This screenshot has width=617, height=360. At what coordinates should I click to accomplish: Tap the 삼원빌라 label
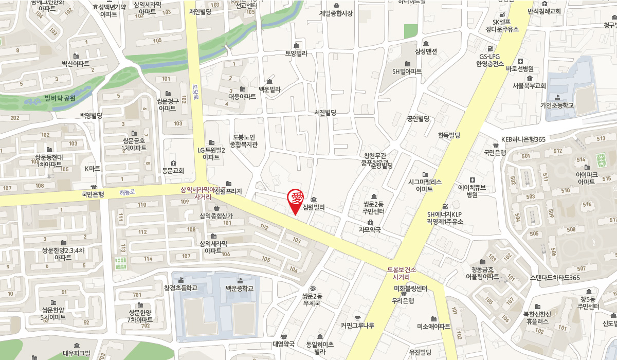pyautogui.click(x=314, y=208)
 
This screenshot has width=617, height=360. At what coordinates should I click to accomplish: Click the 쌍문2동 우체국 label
pyautogui.click(x=312, y=299)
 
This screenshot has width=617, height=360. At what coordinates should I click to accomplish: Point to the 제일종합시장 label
pyautogui.click(x=336, y=13)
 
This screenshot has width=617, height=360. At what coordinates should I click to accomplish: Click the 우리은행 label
pyautogui.click(x=403, y=301)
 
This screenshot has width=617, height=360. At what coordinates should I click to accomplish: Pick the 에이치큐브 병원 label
pyautogui.click(x=471, y=191)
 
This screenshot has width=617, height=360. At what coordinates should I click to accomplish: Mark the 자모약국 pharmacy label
pyautogui.click(x=369, y=230)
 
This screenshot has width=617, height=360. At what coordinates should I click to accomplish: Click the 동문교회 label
pyautogui.click(x=172, y=169)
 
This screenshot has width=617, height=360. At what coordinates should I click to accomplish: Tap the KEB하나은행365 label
pyautogui.click(x=523, y=139)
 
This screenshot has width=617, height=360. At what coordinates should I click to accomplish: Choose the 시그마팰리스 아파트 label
pyautogui.click(x=424, y=185)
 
